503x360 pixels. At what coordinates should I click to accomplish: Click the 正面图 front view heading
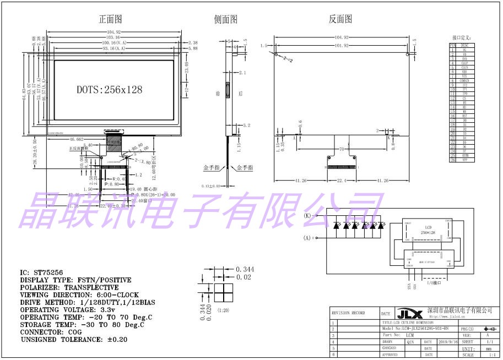pos(110,19)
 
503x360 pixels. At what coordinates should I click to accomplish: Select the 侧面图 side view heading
pos(225,19)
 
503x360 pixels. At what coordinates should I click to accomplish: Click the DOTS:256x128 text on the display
pos(110,89)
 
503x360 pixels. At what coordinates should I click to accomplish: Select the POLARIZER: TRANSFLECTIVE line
pos(69,287)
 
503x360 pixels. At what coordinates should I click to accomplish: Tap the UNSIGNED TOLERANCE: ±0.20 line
pos(74,340)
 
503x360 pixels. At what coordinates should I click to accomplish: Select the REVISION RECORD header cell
pos(348,313)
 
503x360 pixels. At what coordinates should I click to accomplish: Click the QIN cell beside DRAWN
pos(410,342)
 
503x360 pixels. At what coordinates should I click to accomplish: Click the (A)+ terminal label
pos(309,238)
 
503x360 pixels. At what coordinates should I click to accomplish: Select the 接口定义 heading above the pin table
pos(461,37)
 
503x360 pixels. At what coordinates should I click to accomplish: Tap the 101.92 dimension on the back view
pos(342,46)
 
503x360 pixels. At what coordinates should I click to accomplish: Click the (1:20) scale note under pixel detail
pos(224,310)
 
